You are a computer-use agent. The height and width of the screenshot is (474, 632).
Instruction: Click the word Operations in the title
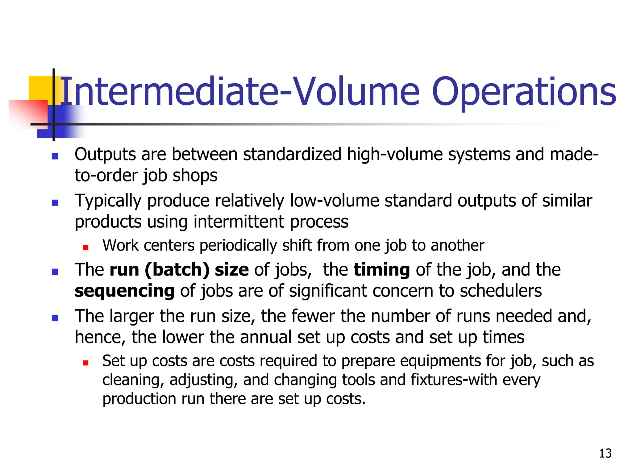524,92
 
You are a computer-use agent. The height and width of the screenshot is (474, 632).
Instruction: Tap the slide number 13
605,453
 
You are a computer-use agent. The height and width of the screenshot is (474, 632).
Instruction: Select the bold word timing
382,270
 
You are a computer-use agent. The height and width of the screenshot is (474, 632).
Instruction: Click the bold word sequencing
125,291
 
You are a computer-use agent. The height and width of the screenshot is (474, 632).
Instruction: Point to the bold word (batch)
177,270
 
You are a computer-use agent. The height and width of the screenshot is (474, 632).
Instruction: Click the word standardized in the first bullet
292,154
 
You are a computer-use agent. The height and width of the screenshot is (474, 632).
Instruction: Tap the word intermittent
239,222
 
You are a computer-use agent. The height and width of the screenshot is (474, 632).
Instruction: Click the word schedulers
501,291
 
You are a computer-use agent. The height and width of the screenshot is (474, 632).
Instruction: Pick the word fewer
313,316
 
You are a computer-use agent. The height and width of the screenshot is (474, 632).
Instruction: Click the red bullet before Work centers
86,247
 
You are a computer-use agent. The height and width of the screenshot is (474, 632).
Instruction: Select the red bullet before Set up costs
86,363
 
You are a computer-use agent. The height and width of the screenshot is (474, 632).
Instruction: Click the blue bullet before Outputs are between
55,156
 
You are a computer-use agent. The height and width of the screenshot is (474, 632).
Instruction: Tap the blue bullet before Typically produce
55,203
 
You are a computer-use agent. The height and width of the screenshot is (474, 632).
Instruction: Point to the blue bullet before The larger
55,318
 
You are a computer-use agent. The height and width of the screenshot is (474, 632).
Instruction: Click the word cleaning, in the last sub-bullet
133,380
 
